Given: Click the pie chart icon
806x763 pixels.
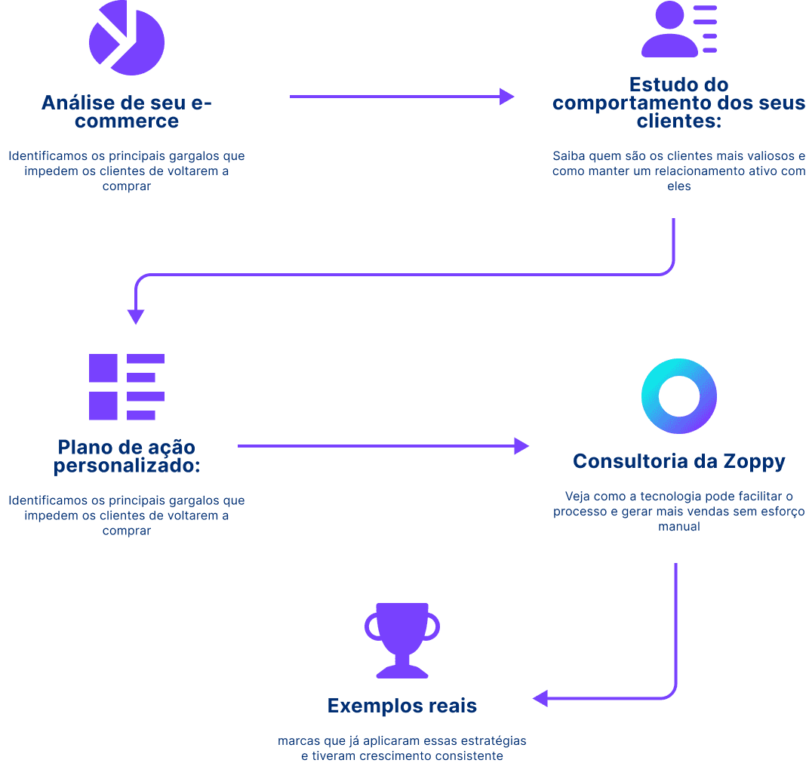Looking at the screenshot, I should pos(126,37).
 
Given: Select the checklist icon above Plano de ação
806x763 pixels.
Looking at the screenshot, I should pos(126,387).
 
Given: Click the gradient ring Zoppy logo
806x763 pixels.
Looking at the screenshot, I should pos(678,395).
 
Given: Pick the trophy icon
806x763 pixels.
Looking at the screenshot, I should pos(402,640).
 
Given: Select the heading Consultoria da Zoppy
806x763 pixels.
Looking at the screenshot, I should pos(678,461).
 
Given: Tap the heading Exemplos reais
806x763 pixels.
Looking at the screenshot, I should pos(402,706).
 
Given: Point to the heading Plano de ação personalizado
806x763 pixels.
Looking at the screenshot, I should pos(126,456).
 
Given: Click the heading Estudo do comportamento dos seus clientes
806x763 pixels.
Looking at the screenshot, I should pos(678,103).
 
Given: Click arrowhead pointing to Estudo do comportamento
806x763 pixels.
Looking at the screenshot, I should pos(506,97).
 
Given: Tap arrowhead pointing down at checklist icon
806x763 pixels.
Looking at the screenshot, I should pos(136,316).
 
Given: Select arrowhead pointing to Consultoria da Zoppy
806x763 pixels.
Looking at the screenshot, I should pos(521,446).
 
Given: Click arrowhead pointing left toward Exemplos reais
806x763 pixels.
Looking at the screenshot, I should pos(540,698).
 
